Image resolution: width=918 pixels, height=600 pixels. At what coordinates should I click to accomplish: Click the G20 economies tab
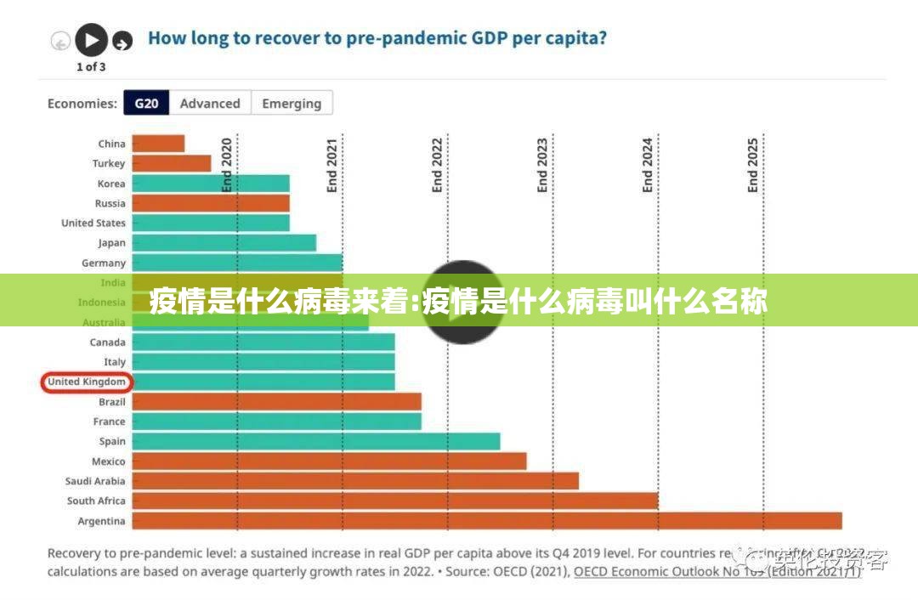(x=146, y=104)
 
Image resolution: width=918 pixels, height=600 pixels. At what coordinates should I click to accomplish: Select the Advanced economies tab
(x=210, y=104)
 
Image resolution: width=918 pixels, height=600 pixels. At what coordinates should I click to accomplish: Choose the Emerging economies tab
(x=292, y=104)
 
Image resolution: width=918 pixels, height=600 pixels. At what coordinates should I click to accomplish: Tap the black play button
(x=91, y=39)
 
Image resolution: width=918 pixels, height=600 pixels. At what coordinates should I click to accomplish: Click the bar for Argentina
(x=486, y=521)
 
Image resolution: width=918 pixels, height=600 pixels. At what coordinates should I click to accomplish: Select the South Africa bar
(x=394, y=501)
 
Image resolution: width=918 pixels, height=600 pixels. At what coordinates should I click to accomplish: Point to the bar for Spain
(x=315, y=441)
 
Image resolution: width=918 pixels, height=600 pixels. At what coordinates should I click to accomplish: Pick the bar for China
(x=158, y=144)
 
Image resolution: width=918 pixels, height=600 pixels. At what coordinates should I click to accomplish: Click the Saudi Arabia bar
(x=354, y=481)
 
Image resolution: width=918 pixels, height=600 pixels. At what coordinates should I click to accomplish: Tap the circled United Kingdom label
(x=87, y=382)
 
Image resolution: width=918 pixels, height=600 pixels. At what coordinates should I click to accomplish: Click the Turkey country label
(x=109, y=163)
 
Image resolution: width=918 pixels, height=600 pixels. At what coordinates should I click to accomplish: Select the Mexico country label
(x=108, y=461)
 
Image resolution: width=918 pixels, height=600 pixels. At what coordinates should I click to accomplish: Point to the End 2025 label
(x=752, y=165)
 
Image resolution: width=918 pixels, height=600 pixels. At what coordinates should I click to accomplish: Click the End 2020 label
(x=227, y=165)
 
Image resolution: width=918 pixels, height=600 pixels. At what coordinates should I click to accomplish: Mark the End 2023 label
(x=542, y=165)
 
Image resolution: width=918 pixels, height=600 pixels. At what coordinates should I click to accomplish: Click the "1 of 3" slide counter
(x=91, y=66)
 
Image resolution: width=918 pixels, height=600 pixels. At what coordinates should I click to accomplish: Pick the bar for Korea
(x=211, y=184)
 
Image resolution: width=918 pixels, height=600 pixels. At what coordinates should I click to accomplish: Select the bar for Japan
(x=224, y=243)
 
